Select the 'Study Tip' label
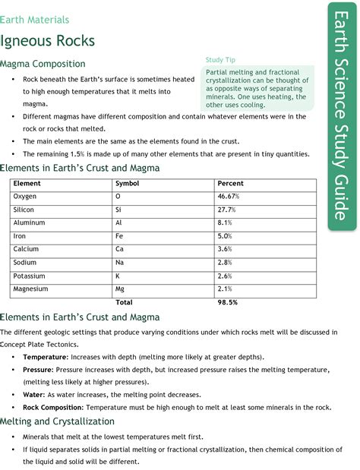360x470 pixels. tap(219, 60)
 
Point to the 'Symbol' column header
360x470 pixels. tap(127, 184)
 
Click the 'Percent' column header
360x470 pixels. tap(230, 184)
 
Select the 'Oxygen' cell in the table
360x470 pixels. tap(25, 197)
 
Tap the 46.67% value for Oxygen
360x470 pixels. tap(229, 197)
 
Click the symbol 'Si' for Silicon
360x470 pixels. tap(118, 210)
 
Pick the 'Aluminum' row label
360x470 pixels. tap(28, 222)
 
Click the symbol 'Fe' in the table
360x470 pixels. tap(119, 236)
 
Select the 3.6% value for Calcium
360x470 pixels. tap(226, 249)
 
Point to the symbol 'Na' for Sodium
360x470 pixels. tap(119, 262)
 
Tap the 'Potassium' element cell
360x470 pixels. tap(30, 276)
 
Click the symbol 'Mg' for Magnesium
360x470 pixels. tap(120, 289)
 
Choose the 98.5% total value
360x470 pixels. tap(228, 301)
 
